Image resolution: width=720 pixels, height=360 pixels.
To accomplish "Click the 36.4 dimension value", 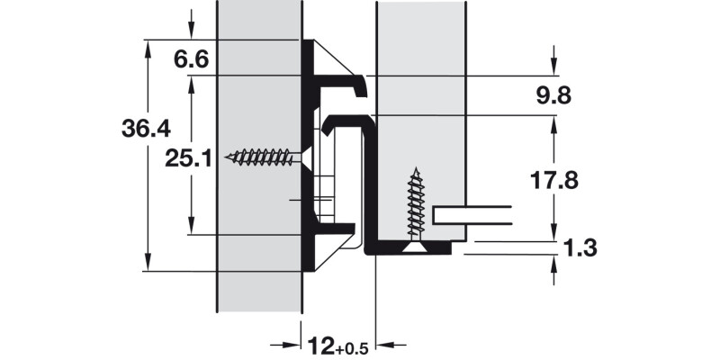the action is coord(146,128).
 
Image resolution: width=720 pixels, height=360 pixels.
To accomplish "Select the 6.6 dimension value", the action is coord(191,59).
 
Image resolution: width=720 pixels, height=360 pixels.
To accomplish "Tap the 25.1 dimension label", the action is coord(188,159).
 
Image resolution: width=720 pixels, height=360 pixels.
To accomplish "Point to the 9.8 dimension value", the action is coord(553,96).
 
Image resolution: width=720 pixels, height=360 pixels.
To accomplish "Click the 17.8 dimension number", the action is coord(553,181).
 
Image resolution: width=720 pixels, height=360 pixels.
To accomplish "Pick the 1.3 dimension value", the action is coord(580,248).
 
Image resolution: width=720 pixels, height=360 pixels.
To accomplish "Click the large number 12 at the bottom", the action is coord(320,346).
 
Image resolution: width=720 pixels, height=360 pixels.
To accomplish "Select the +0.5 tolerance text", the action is coord(352,349).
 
